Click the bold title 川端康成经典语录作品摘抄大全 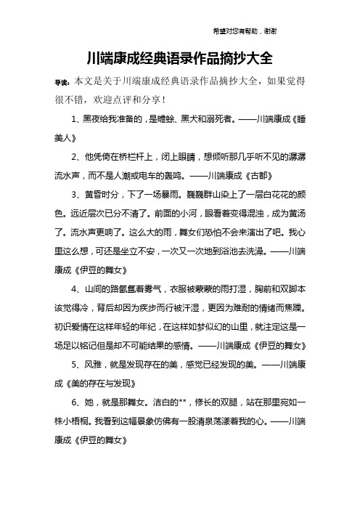point(179,58)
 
